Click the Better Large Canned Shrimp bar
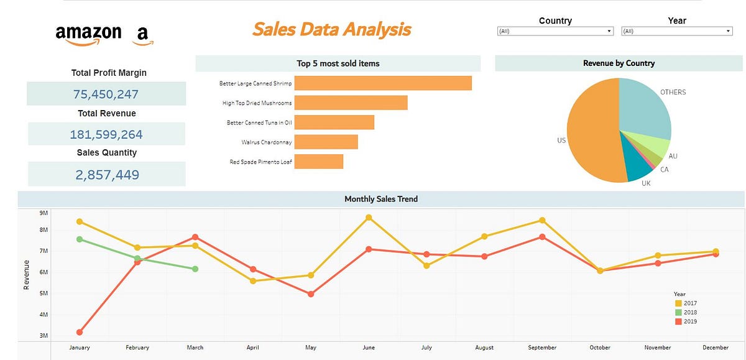[x=382, y=83]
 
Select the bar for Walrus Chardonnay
[x=326, y=142]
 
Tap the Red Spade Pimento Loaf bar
[x=318, y=162]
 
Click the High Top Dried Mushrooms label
[x=257, y=103]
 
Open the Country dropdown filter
[x=555, y=31]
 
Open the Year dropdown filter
[x=676, y=31]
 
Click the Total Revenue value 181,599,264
[x=106, y=134]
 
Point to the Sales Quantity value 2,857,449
[x=107, y=175]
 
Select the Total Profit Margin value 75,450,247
[x=106, y=95]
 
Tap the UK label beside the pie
[x=646, y=184]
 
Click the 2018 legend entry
[x=686, y=312]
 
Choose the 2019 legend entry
[x=686, y=321]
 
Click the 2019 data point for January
[x=80, y=333]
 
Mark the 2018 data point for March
[x=195, y=269]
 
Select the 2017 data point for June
[x=369, y=218]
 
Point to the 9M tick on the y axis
[x=44, y=213]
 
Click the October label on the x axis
[x=600, y=348]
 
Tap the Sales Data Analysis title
[x=331, y=29]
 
